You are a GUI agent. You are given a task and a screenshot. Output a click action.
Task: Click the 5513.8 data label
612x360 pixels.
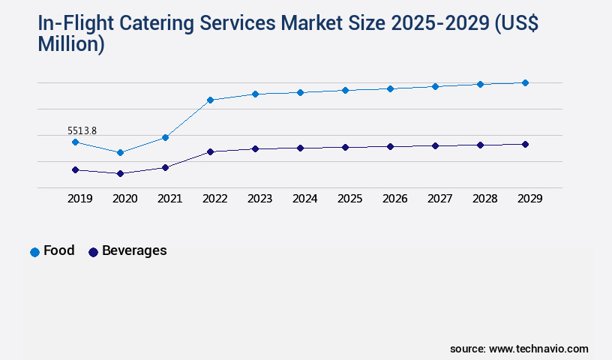(82, 131)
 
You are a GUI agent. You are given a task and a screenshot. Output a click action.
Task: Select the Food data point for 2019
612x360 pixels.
(75, 142)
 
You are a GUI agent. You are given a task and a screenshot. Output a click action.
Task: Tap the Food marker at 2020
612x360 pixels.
(120, 152)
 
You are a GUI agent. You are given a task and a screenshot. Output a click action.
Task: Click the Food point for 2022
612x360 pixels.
(210, 100)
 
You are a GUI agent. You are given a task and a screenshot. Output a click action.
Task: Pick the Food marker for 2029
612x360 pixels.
(525, 82)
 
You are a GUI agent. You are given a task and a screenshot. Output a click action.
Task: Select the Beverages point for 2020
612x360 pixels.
(120, 173)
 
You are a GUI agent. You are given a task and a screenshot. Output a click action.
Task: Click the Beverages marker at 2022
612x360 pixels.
(210, 151)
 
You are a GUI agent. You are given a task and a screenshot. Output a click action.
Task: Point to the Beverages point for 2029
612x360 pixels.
(525, 144)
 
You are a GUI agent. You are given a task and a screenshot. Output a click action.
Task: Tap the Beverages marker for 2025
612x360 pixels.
(345, 147)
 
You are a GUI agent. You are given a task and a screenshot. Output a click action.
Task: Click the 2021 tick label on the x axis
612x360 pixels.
(169, 199)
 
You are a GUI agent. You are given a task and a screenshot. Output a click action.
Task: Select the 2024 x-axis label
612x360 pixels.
(304, 199)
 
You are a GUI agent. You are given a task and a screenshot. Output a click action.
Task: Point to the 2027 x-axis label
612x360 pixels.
(439, 199)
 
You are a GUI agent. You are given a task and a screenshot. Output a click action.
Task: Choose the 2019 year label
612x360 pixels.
(79, 199)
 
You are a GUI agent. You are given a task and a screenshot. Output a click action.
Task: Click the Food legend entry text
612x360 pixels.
(59, 250)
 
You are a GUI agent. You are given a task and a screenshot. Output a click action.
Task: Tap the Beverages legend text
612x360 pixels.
(134, 250)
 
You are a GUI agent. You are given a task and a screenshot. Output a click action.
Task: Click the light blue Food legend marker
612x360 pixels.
(34, 252)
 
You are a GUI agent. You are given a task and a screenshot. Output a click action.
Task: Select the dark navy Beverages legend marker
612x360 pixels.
(93, 252)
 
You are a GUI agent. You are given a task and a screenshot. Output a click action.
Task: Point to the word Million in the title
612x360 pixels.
(71, 44)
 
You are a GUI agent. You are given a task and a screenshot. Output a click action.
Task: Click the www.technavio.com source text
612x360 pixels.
(538, 349)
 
